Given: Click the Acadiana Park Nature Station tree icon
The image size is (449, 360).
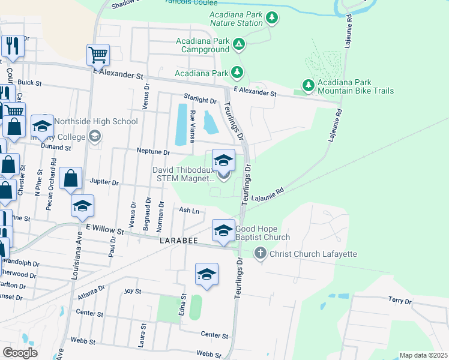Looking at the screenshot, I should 272,17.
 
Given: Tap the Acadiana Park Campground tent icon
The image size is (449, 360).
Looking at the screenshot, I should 239,44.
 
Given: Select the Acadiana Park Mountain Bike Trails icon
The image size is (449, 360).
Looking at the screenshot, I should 308,86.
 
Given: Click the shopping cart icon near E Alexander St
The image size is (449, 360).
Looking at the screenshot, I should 98,55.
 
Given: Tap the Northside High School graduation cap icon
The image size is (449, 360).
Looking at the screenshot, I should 42,126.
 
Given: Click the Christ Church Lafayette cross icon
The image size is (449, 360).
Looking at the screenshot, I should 260,254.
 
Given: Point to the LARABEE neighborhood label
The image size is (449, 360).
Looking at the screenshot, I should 175,239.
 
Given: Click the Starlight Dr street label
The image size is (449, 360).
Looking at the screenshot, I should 200,100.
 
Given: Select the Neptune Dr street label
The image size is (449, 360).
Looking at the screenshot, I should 151,151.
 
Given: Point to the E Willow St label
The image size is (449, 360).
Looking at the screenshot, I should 105,230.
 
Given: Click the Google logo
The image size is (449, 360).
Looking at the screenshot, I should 20,353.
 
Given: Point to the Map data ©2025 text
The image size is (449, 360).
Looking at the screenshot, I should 423,355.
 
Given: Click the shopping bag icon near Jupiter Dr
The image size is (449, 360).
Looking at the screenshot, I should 71,178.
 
